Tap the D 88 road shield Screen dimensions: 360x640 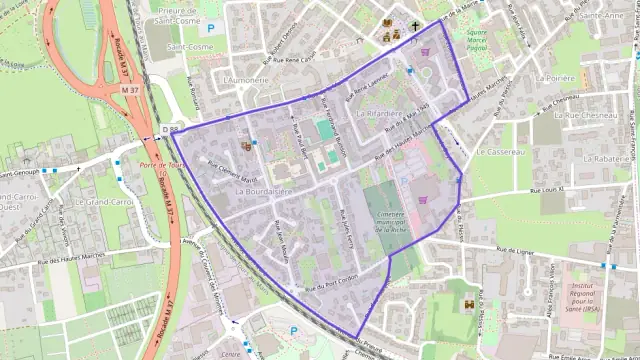pyautogui.click(x=171, y=129)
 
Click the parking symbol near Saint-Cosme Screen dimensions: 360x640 pyautogui.click(x=210, y=30)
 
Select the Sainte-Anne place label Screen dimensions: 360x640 pyautogui.click(x=602, y=16)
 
